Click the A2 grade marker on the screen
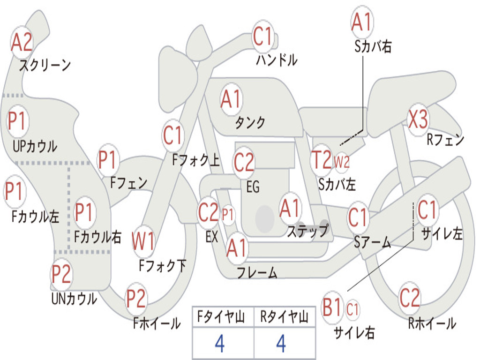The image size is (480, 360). pyautogui.click(x=22, y=43)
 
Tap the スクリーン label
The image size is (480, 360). pyautogui.click(x=45, y=65)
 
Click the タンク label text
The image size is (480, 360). pyautogui.click(x=250, y=123)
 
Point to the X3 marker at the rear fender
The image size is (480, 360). pyautogui.click(x=418, y=120)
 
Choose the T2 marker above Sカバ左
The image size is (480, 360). pyautogui.click(x=322, y=160)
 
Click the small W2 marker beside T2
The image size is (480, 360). pyautogui.click(x=342, y=162)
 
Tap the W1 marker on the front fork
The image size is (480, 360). pyautogui.click(x=143, y=242)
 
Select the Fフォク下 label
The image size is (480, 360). pyautogui.click(x=162, y=266)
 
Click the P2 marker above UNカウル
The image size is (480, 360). pyautogui.click(x=61, y=274)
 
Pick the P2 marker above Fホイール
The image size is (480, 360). pyautogui.click(x=136, y=299)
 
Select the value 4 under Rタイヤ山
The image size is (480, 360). pyautogui.click(x=281, y=344)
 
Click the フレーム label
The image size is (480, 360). pyautogui.click(x=257, y=272)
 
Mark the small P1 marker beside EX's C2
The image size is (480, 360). pyautogui.click(x=227, y=215)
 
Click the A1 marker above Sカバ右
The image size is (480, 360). pyautogui.click(x=361, y=22)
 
